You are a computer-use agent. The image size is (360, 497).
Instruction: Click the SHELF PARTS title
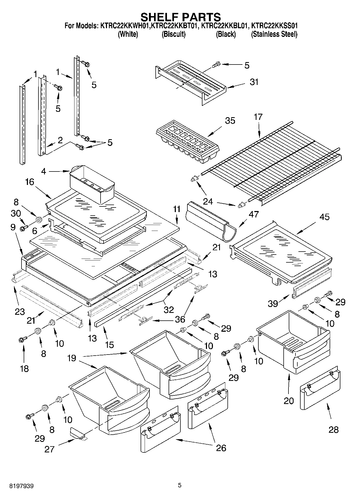pos(181,17)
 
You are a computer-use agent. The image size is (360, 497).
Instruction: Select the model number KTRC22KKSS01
pos(274,26)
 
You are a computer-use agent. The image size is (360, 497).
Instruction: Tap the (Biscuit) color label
pos(173,34)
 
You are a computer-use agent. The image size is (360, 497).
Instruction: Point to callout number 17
pos(258,117)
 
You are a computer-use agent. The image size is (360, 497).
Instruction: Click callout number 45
pos(324,217)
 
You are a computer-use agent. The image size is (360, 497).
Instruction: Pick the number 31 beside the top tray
pos(254,82)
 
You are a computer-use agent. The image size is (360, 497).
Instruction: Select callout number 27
pos(50,449)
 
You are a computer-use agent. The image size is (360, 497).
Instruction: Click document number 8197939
pos(22,486)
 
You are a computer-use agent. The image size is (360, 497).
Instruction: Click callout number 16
pos(30,182)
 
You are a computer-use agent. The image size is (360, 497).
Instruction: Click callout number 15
pos(110,345)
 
